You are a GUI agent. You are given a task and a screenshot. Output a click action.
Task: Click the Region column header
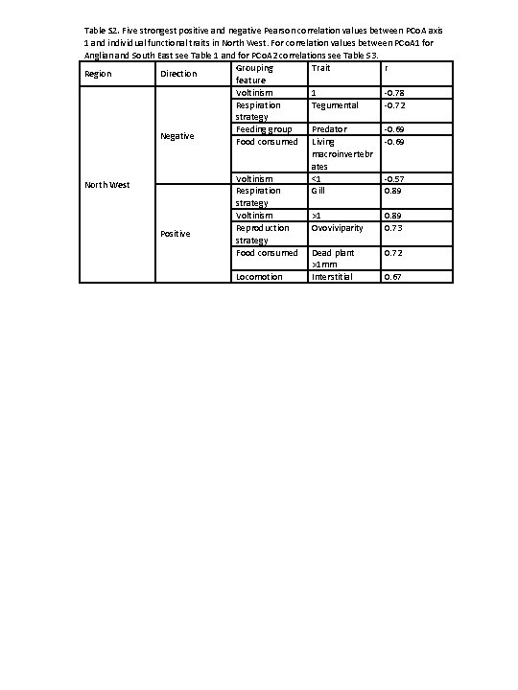coord(99,74)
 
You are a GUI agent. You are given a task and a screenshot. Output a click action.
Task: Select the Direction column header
coord(178,74)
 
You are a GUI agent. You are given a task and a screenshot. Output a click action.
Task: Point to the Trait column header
coord(320,68)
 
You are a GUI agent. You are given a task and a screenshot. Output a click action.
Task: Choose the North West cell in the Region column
coord(107,184)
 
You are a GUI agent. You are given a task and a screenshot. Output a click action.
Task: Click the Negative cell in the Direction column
coord(177,136)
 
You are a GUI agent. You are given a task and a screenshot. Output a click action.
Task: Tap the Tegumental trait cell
coord(335,105)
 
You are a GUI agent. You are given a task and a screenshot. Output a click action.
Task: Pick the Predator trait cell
coord(329,129)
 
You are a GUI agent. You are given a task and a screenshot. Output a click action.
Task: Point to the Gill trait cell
coord(319,191)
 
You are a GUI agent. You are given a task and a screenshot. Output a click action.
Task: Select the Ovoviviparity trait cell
coord(337,228)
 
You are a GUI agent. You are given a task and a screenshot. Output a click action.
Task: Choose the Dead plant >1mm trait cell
coord(332,258)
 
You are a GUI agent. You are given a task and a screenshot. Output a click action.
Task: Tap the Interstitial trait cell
coord(332,277)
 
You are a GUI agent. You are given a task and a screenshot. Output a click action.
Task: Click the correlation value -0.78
coord(394,93)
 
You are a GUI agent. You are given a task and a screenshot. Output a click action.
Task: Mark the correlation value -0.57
coord(394,179)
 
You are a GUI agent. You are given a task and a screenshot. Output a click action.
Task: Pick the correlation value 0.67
coord(393,277)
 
